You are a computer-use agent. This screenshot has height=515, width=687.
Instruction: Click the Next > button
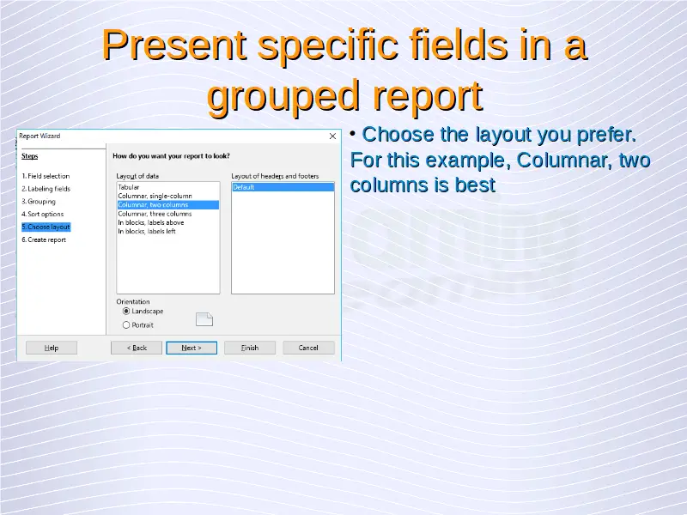click(192, 348)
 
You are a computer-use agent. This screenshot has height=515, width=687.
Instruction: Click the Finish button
click(250, 348)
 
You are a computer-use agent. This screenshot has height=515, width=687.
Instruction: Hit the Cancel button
click(308, 348)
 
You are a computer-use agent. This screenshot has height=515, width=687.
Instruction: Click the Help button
click(52, 348)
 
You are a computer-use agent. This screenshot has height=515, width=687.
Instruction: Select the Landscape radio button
click(126, 312)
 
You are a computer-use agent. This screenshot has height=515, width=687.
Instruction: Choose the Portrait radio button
click(126, 325)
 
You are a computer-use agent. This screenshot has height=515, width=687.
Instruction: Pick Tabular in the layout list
click(128, 187)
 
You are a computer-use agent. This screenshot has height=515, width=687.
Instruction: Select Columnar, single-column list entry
click(155, 197)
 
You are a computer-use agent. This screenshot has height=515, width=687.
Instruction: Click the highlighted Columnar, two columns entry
click(168, 205)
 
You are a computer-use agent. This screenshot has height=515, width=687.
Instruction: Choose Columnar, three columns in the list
click(155, 214)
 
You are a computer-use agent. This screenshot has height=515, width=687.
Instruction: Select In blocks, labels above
click(151, 222)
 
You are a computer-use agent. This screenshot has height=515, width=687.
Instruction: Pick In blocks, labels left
click(147, 231)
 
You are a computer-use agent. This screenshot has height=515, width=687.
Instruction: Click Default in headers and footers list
click(283, 187)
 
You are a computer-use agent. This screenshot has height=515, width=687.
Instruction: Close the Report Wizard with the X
click(332, 136)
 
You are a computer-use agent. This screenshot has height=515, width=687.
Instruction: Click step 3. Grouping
click(39, 202)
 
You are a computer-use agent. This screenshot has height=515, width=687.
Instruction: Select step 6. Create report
click(44, 239)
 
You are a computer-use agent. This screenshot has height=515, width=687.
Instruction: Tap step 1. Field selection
click(46, 176)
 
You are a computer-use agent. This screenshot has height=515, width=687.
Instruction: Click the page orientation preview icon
click(204, 319)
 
